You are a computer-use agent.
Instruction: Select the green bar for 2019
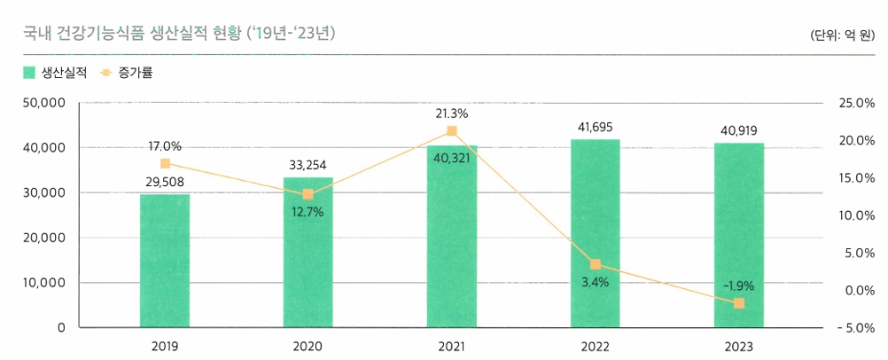(165, 261)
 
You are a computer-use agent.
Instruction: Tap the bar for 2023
(739, 235)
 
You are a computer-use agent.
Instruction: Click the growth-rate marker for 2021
(452, 131)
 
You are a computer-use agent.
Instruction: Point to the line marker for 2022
(596, 264)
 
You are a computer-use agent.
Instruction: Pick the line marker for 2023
(739, 304)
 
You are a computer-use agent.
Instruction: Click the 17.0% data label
(165, 146)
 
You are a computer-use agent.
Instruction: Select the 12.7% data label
(308, 213)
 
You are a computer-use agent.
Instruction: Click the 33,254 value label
(308, 165)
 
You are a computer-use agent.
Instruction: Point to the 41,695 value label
(596, 128)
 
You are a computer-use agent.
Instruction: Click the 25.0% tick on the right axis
(855, 104)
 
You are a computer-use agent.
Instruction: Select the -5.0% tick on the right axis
(853, 328)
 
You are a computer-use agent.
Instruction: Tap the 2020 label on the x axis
(308, 346)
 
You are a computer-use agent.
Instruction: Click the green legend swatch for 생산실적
(29, 73)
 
